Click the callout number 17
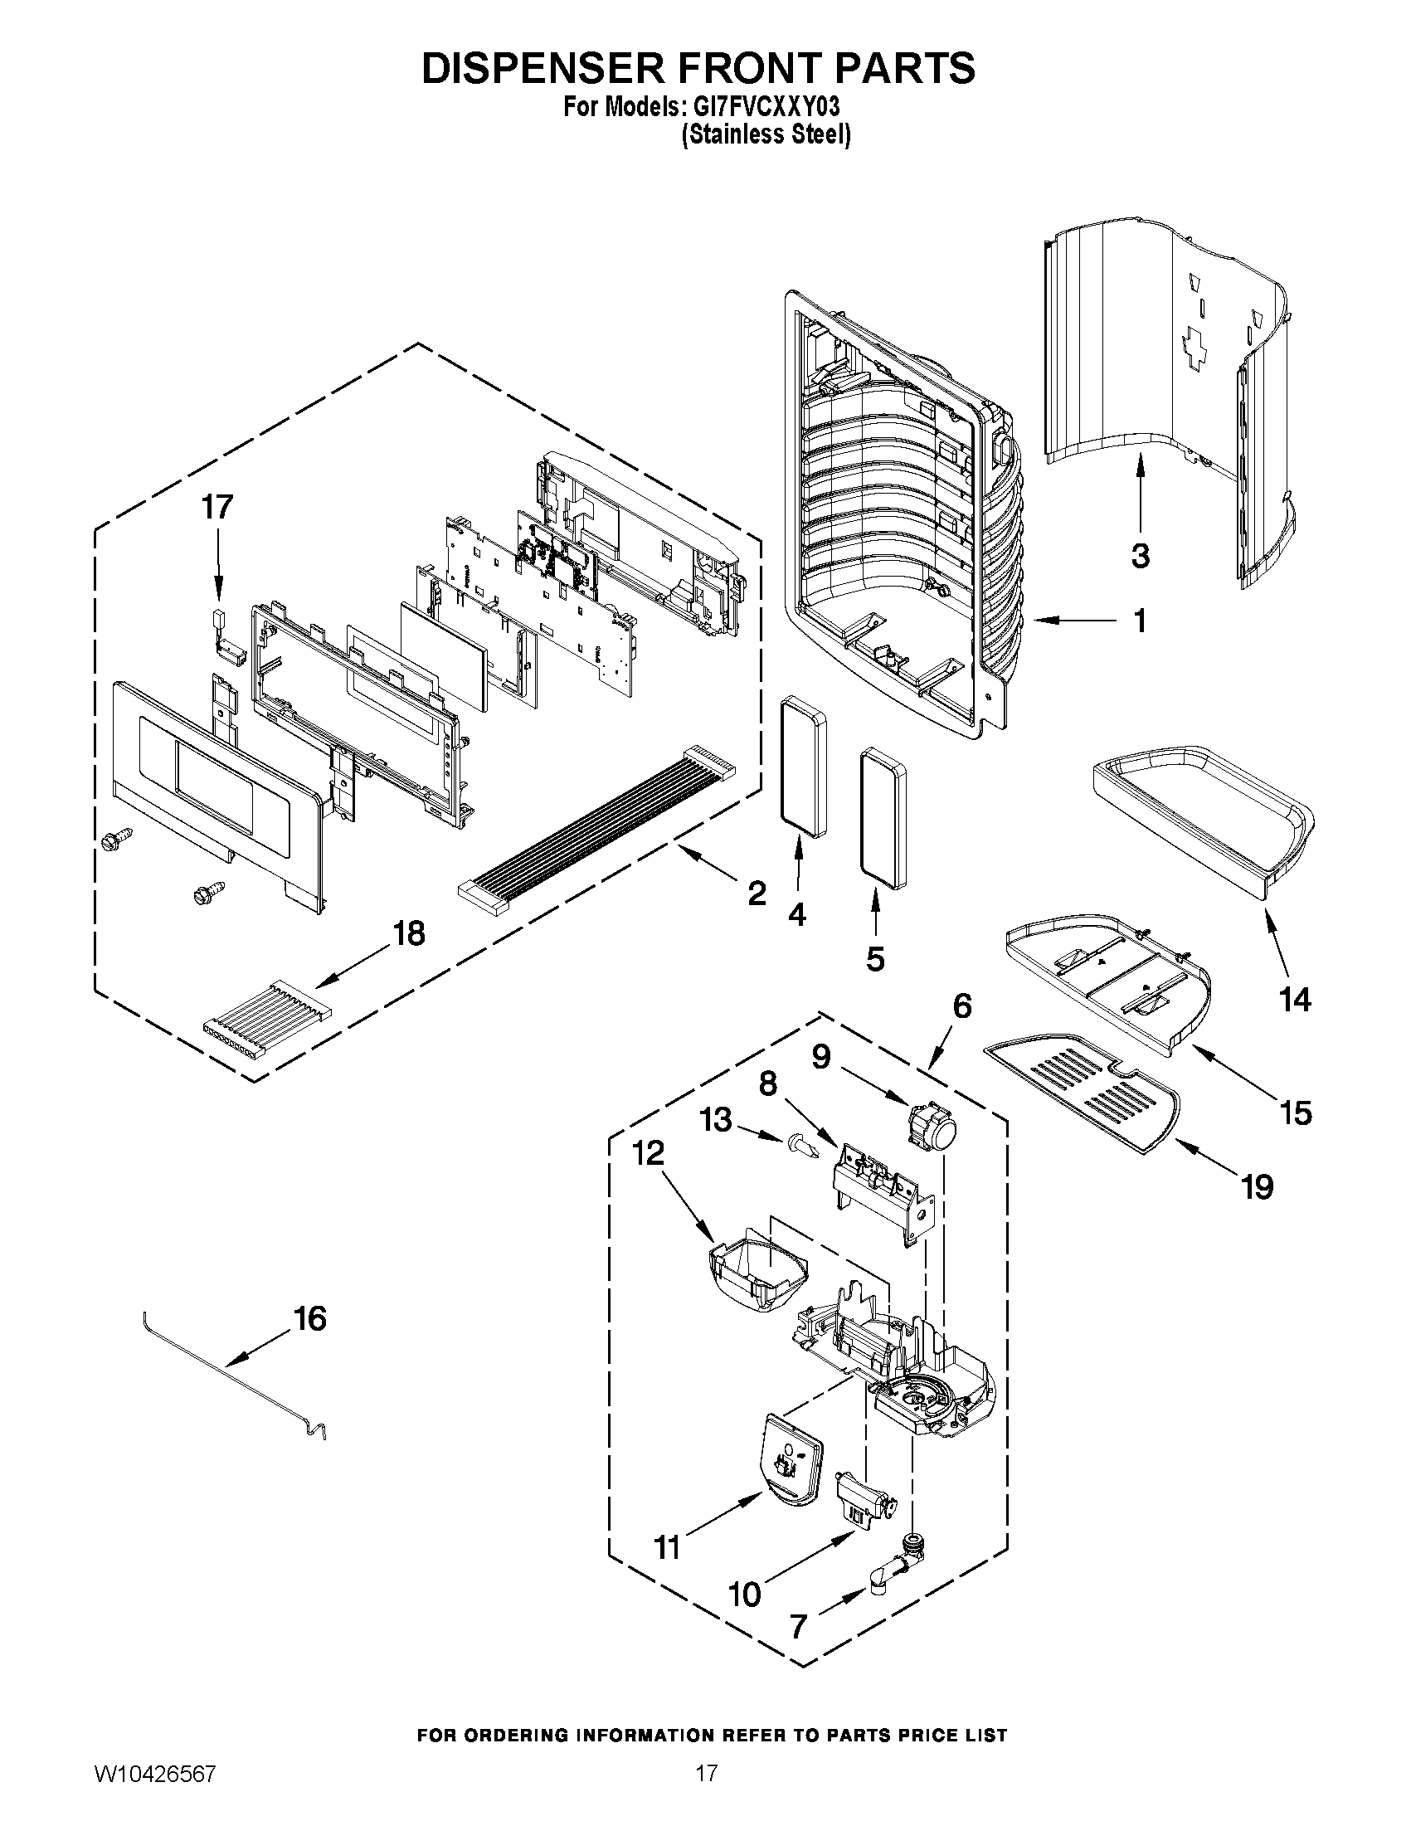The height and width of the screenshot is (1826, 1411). tap(217, 507)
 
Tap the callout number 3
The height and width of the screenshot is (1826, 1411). tap(1141, 555)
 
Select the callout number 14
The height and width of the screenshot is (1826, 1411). tap(1295, 999)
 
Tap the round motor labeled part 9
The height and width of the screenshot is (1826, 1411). tap(932, 1122)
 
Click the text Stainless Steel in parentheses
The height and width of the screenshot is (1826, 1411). tap(766, 134)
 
